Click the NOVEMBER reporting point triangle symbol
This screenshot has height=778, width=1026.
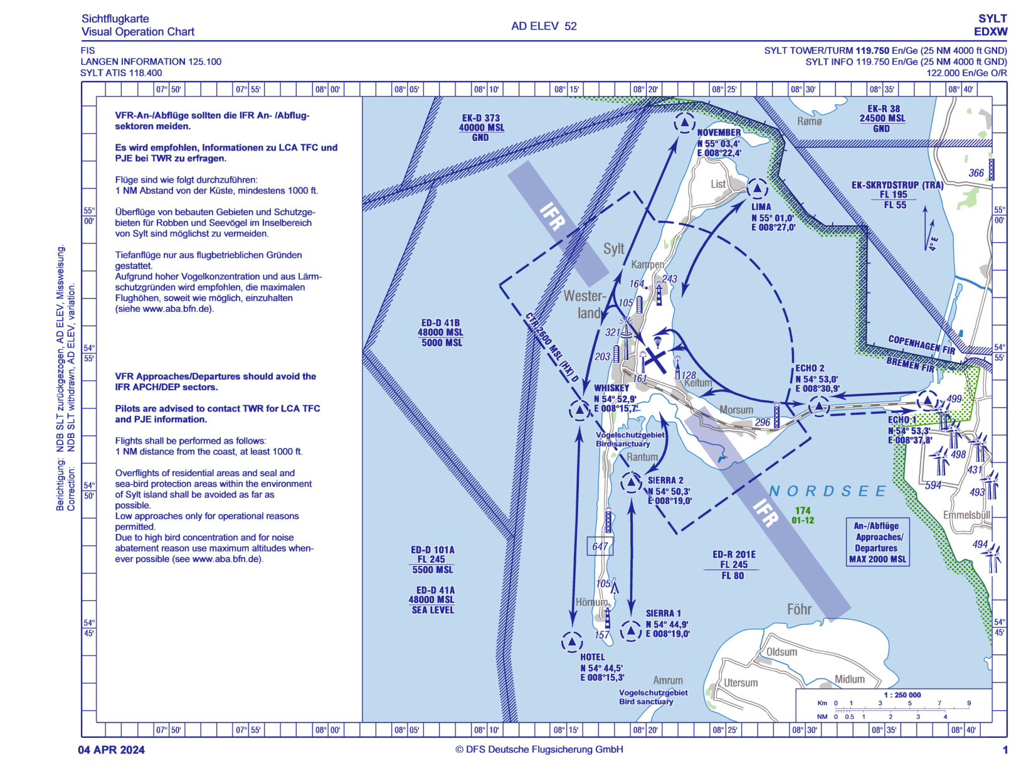[x=684, y=123]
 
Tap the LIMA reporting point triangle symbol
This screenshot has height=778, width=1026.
[x=758, y=188]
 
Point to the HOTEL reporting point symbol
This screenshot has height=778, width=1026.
[x=572, y=642]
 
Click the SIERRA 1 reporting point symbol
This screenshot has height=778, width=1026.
[x=630, y=631]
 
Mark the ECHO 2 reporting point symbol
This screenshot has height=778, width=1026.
[x=818, y=407]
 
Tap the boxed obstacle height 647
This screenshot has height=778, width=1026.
[x=600, y=546]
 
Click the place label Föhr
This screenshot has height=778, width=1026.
[x=799, y=609]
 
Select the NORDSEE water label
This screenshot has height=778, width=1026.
[x=828, y=491]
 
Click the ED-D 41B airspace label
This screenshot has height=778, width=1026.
[x=441, y=333]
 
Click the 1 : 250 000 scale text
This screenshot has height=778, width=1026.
[x=902, y=695]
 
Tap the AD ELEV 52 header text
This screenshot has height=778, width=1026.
[x=543, y=26]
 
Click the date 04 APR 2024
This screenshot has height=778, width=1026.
[x=111, y=750]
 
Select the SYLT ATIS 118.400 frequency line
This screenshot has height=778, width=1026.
[x=121, y=73]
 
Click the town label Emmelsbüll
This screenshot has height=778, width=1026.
[x=966, y=515]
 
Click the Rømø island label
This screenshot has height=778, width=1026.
[x=809, y=121]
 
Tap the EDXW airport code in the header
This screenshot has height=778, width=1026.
[x=990, y=32]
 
